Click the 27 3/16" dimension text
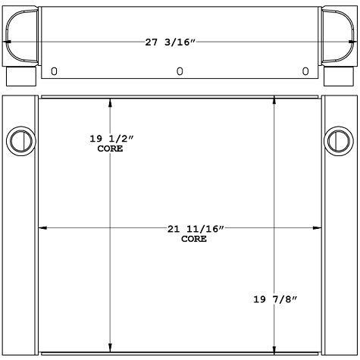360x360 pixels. click(180, 42)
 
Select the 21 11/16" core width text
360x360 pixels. click(197, 228)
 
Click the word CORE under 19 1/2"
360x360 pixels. click(110, 149)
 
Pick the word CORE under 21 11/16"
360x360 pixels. click(194, 239)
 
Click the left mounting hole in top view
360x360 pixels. click(55, 71)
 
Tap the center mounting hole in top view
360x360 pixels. click(180, 71)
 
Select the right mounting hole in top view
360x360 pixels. click(305, 71)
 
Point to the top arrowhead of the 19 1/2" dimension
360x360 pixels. click(111, 102)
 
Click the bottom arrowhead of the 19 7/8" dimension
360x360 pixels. click(275, 349)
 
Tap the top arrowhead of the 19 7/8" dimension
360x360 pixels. click(275, 101)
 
